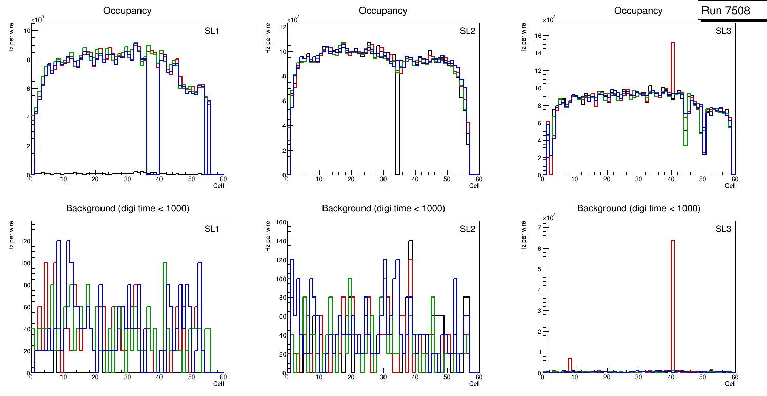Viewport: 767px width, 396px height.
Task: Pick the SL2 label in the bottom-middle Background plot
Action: tap(468, 229)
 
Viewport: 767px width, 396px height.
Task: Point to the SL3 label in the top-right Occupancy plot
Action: tap(723, 31)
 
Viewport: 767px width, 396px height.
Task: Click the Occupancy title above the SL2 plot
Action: tap(383, 11)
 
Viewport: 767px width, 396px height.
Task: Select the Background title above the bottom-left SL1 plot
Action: tap(128, 208)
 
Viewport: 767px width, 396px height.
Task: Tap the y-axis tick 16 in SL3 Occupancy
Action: tap(538, 36)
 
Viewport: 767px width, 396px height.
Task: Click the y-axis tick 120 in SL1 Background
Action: tap(24, 241)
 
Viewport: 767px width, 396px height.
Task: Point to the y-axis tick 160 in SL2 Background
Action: tap(279, 222)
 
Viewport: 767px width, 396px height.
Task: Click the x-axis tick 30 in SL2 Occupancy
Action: tap(382, 179)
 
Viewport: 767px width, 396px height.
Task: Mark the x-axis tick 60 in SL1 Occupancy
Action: tap(223, 179)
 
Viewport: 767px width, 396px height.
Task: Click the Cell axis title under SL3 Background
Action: tap(730, 383)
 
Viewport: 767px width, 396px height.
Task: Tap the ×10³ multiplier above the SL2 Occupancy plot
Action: tap(293, 20)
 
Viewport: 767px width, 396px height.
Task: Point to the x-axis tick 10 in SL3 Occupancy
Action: tap(575, 179)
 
